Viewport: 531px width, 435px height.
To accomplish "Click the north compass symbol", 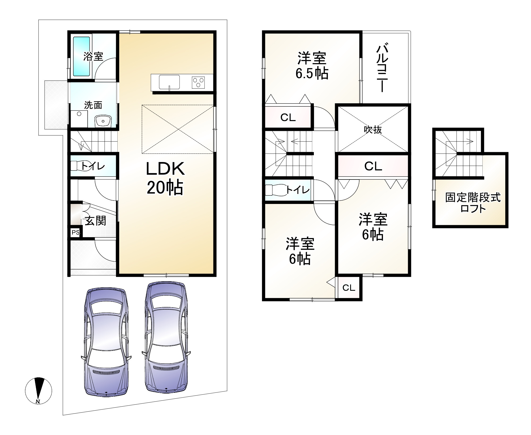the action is point(38,391).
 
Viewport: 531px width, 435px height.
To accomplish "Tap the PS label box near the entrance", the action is point(76,232).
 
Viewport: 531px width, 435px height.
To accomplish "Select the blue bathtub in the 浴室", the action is point(82,56).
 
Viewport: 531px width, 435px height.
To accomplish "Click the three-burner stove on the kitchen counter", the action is point(198,82).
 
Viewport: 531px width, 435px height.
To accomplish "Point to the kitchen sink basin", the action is point(169,82).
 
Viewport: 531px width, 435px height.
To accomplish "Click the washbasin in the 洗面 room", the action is point(103,121).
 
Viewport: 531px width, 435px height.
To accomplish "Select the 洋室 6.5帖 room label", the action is point(312,66).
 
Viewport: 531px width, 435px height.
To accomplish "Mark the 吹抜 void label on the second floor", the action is point(373,130).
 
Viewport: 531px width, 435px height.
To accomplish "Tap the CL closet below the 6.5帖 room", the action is point(288,117).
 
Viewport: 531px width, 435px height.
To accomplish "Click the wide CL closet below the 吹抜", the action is point(373,166).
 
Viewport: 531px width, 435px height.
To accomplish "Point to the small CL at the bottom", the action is point(349,288).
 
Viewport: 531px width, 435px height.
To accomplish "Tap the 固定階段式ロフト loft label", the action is point(473,203).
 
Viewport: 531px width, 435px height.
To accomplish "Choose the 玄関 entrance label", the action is point(95,221).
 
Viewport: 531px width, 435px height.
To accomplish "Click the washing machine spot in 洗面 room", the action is point(79,119).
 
